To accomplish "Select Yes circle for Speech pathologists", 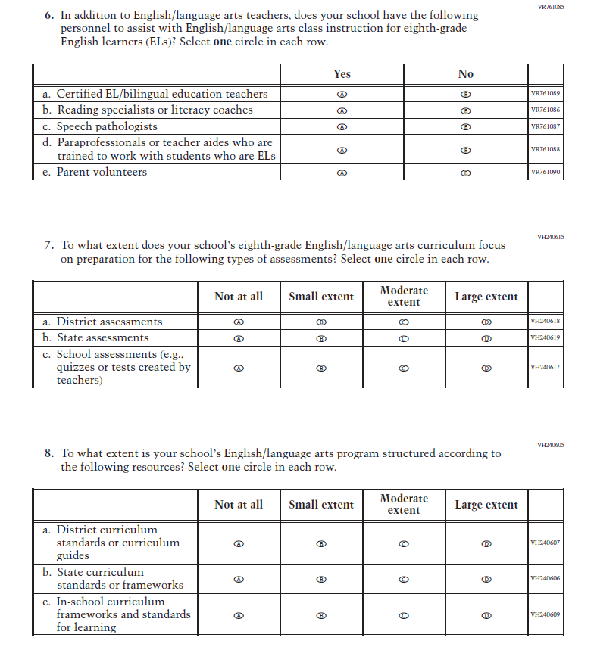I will [342, 126].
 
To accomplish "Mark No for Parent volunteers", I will [466, 173].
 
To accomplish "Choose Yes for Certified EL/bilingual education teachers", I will [342, 95].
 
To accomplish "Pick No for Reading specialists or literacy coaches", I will [466, 110].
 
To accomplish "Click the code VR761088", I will [546, 149].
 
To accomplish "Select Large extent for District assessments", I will [486, 322].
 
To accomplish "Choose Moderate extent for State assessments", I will [404, 338].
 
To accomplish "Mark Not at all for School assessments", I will [239, 368].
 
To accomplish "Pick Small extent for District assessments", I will [320, 322].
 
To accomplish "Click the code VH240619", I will [546, 337].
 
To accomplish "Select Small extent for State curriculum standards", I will [320, 579].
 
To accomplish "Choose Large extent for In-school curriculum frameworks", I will [486, 615].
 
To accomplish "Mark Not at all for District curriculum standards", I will [239, 543].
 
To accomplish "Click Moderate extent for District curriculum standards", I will [404, 543].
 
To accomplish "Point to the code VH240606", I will [546, 578].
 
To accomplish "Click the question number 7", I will [49, 245].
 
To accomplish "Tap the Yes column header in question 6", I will [342, 74].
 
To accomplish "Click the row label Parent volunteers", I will [102, 172].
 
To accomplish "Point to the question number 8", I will [49, 454].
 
